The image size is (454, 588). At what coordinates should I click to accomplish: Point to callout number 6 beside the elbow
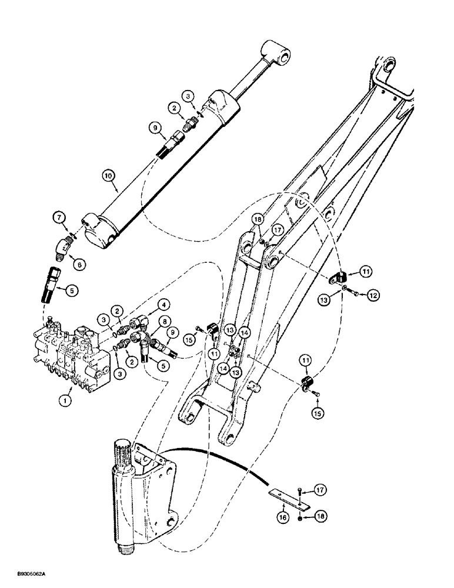click(81, 265)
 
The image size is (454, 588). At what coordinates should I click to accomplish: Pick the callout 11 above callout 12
click(367, 272)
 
